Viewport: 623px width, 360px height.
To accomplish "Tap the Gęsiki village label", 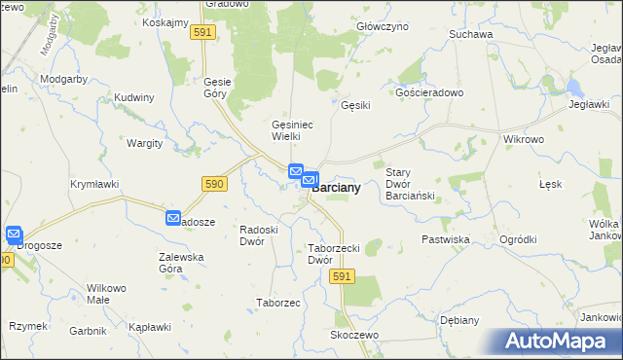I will (355, 107).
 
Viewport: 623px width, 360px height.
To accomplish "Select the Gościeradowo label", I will (428, 92).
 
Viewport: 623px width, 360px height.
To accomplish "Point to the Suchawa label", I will (471, 34).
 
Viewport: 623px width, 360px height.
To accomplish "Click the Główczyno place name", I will (382, 27).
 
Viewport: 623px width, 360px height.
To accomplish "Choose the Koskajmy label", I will (165, 22).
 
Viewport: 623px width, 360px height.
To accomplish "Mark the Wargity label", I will (145, 143).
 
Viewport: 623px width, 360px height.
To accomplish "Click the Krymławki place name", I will (94, 183).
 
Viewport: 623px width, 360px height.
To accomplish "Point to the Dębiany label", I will (458, 319).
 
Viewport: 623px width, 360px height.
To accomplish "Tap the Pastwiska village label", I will (446, 238).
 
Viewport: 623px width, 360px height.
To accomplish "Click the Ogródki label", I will (518, 238).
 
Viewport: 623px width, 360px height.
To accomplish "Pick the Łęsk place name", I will (550, 184).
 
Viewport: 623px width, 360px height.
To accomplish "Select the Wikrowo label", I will (523, 139).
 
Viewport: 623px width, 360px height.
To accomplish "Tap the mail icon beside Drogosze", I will (14, 234).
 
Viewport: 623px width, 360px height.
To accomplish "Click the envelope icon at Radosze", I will (173, 219).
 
